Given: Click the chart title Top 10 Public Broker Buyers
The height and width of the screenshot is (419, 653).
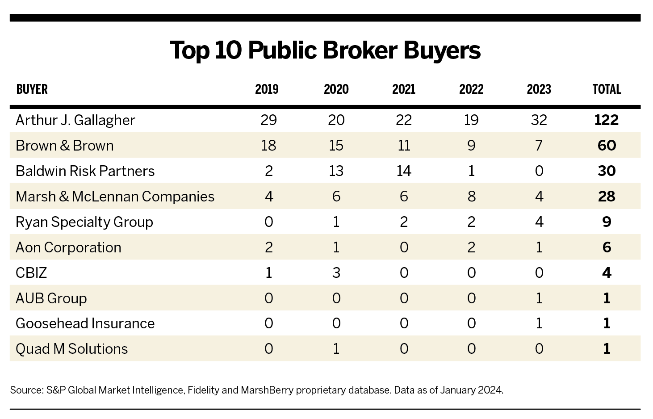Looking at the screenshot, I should coord(325,50).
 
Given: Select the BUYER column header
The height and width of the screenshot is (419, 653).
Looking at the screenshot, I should coord(32,89).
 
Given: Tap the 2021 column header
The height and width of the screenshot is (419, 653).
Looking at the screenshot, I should coord(403,89).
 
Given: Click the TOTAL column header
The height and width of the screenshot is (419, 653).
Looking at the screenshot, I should coord(607,89).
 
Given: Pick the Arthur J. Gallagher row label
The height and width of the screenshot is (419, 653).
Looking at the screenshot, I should coord(75,120).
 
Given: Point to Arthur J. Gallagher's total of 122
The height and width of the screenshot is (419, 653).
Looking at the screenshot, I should coord(607,120).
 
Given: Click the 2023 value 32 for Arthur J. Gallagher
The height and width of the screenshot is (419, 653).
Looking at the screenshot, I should coord(539,120).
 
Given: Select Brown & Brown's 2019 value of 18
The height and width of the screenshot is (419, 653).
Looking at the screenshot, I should coord(268,146).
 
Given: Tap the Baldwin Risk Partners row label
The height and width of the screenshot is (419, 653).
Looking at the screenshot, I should coord(85,171).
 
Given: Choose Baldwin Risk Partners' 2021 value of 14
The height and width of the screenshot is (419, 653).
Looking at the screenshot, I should coord(403,171).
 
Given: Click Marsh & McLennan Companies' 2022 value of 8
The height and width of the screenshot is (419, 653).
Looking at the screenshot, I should coord(471,197).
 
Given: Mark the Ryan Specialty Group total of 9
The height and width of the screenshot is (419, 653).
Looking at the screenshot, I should coord(607,222).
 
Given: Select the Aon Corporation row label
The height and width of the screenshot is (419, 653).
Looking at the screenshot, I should coord(68,247).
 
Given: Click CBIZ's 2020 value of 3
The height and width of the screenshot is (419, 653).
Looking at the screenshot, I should coord(336,273).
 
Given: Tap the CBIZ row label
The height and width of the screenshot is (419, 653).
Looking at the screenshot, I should coord(31,273).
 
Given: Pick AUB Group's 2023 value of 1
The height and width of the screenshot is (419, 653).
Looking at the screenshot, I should coord(539,298).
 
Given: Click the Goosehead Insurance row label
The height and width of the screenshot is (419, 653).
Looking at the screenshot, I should coord(85,323).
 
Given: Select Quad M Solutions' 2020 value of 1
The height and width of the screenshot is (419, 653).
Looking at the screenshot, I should coord(336,349).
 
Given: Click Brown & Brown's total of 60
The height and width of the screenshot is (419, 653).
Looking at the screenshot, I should coord(607,146).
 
